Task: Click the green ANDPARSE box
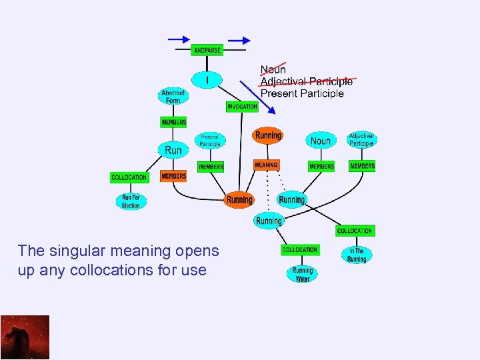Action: [207, 51]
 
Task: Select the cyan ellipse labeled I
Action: [207, 80]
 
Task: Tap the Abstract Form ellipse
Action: [173, 96]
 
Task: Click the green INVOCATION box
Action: [242, 107]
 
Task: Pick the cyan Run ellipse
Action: [173, 150]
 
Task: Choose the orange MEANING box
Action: [266, 165]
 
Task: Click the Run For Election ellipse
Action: [131, 201]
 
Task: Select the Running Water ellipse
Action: [302, 274]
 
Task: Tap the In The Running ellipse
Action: [357, 255]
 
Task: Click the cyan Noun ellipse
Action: [320, 141]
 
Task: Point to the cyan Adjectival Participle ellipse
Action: [361, 139]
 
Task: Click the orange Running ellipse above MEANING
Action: [268, 135]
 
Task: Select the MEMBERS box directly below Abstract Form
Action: [173, 122]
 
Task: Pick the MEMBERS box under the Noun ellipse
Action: [321, 166]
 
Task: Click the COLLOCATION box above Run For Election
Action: [129, 177]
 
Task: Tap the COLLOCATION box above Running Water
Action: [300, 250]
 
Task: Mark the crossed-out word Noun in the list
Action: [273, 69]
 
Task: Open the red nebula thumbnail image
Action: [25, 337]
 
